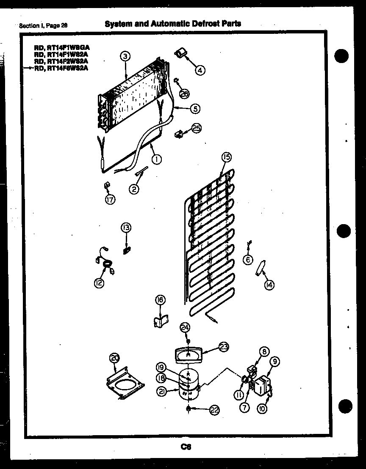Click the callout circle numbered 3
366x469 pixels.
[x=125, y=56]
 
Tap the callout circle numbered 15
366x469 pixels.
[x=227, y=157]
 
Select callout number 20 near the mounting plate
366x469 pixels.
[x=114, y=358]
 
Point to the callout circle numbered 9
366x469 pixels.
[x=275, y=362]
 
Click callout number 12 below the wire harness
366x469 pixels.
[x=99, y=283]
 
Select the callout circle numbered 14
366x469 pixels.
[x=269, y=285]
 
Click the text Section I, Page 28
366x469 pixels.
[x=43, y=25]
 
